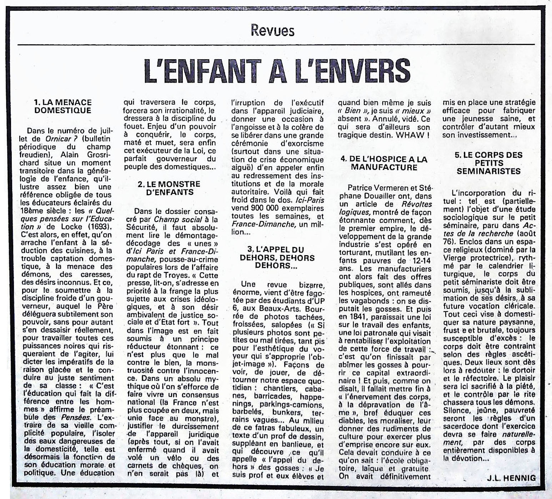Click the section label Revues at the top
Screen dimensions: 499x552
(272, 31)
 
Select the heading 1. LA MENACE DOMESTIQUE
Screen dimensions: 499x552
(63, 107)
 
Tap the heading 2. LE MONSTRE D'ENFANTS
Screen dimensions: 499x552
(169, 188)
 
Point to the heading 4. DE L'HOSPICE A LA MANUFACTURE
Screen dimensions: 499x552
(384, 163)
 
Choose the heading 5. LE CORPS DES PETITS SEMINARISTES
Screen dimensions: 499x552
(488, 163)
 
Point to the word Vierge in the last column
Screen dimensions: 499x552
(454, 258)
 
